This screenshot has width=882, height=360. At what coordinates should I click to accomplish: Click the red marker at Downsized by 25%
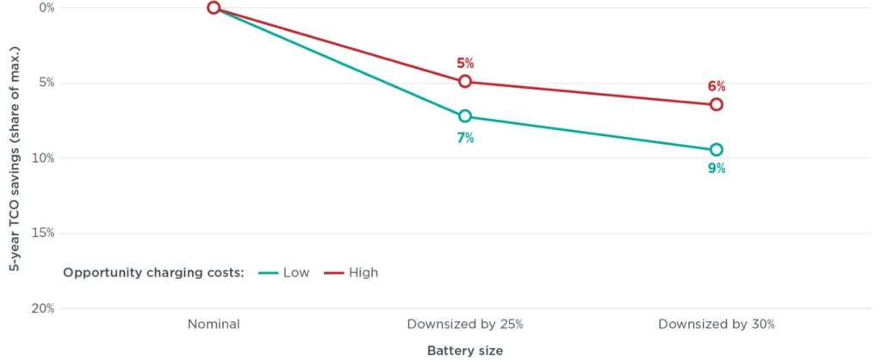pos(465,81)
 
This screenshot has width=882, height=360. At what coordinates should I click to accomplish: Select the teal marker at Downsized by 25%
pos(465,116)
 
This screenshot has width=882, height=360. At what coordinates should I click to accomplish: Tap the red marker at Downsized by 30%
pos(717,104)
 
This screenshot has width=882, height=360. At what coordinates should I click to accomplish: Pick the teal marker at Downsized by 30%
pos(717,150)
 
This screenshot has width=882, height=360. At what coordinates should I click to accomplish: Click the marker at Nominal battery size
pos(214,8)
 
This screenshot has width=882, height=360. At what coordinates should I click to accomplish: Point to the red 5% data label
pos(465,63)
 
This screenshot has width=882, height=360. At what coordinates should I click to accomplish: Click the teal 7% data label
pos(465,137)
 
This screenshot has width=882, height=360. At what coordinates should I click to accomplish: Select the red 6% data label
pos(717,86)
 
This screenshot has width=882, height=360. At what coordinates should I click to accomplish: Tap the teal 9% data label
pos(717,169)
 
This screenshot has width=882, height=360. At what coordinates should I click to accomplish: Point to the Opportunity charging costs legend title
pos(154,272)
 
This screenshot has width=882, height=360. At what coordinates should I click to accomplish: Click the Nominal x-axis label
pos(214,325)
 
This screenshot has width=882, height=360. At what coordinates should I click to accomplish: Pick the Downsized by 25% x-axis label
pos(465,325)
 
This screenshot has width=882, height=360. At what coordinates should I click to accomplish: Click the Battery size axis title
pos(465,351)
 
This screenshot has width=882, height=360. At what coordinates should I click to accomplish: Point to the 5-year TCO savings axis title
pos(15,158)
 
